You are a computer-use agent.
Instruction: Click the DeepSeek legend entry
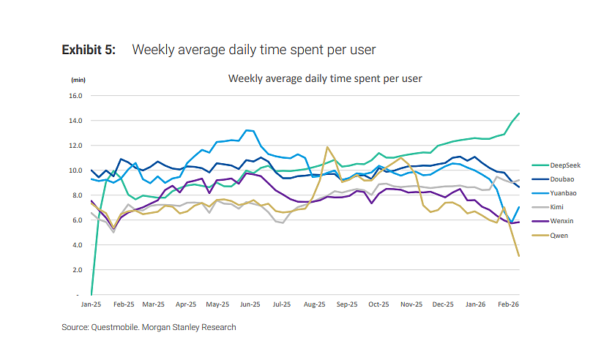click(556, 165)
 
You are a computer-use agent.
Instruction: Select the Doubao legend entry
click(553, 179)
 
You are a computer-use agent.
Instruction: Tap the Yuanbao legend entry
click(554, 193)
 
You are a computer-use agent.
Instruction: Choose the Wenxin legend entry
click(553, 221)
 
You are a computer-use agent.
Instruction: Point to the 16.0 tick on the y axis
click(75, 96)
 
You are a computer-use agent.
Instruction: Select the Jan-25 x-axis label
click(91, 304)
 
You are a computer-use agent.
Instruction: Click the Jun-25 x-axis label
click(250, 304)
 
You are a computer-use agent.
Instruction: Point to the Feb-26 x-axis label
click(508, 304)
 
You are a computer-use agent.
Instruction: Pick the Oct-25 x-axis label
click(378, 304)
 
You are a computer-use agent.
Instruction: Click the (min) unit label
click(78, 80)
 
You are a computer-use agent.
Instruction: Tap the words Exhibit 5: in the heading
click(89, 50)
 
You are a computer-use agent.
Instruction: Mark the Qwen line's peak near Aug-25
click(327, 146)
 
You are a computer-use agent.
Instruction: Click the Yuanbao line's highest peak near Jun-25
click(247, 130)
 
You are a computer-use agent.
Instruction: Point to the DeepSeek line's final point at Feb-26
click(519, 113)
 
